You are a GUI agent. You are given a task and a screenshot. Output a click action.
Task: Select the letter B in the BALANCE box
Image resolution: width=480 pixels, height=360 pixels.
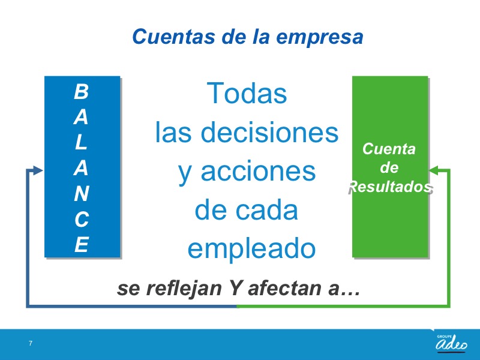(81, 91)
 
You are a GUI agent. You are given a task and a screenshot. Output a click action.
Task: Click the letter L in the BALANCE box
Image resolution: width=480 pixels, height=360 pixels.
(80, 142)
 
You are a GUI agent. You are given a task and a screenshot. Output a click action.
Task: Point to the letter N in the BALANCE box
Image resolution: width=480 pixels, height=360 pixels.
(81, 193)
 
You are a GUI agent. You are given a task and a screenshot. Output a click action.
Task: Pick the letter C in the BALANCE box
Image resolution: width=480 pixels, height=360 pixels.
(82, 219)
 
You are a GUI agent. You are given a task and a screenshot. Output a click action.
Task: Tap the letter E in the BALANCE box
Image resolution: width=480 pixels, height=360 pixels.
(82, 244)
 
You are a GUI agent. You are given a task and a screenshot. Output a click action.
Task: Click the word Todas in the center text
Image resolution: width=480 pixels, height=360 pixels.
(247, 93)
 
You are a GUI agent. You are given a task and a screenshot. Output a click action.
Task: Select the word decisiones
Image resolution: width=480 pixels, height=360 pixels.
(269, 132)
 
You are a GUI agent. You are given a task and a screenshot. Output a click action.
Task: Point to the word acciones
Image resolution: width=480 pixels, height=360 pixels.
(258, 172)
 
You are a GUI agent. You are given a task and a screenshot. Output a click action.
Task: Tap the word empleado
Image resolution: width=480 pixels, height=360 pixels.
(251, 250)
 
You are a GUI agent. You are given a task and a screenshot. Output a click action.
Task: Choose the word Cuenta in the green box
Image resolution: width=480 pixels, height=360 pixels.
(389, 149)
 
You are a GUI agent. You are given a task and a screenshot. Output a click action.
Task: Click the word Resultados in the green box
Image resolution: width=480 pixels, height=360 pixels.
(389, 187)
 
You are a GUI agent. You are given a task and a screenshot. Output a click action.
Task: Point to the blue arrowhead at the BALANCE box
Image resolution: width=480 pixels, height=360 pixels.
(38, 170)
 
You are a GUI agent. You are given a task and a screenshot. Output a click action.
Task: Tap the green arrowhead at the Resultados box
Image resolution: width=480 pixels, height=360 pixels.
(434, 170)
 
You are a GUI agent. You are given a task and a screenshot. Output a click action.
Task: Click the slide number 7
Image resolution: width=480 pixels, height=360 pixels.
(31, 343)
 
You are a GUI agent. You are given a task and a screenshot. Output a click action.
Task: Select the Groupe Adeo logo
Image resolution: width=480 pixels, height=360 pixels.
(452, 343)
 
